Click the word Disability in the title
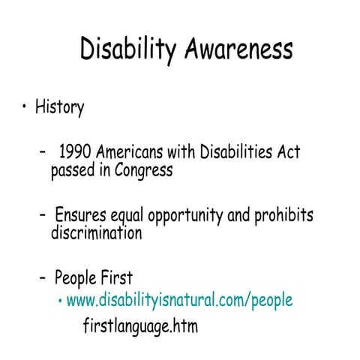pos(127,50)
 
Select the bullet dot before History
pos(25,106)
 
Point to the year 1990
pos(75,152)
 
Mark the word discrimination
pos(96,233)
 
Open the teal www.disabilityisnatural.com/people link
pos(179,301)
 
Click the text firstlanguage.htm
pos(140,327)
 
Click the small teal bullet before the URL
pos(60,301)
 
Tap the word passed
pos(73,171)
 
